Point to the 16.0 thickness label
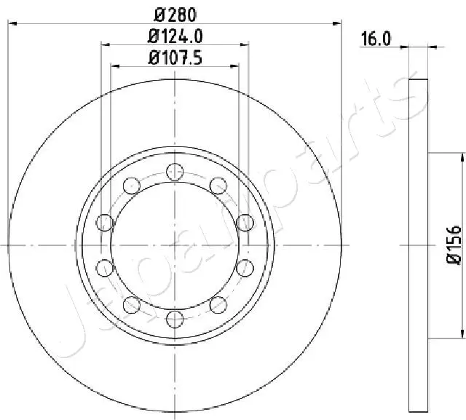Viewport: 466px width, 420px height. (x=376, y=39)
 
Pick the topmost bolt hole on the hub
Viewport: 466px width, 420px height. (x=174, y=172)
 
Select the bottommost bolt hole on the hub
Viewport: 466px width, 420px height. (x=174, y=318)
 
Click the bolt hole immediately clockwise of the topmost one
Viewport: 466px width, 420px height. (x=217, y=186)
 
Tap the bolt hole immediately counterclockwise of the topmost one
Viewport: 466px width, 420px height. (x=131, y=186)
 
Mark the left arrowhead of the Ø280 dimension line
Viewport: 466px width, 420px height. (x=12, y=23)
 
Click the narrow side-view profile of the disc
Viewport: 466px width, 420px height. (x=417, y=245)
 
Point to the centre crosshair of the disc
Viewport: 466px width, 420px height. (x=174, y=245)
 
